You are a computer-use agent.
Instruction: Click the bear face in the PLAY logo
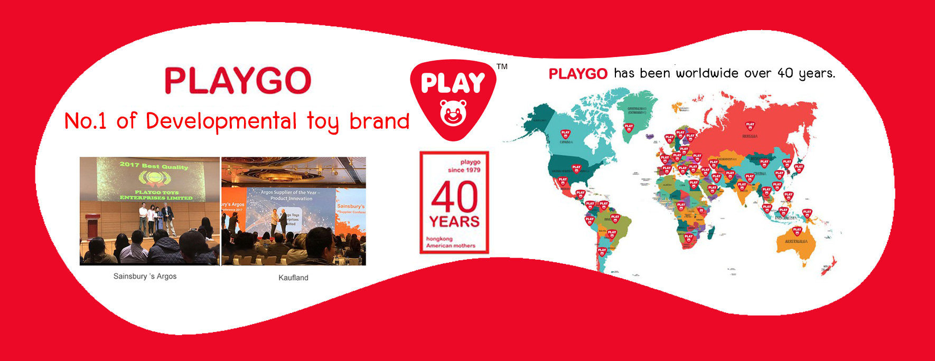(x=453, y=113)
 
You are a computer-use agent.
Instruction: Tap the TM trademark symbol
(x=502, y=66)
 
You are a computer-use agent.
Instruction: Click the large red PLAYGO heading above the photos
(x=238, y=81)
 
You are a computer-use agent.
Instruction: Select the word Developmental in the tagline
(x=221, y=121)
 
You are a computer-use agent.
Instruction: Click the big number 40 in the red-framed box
(x=454, y=197)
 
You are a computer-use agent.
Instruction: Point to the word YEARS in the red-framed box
(x=454, y=222)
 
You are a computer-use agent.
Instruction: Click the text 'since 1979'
(x=464, y=170)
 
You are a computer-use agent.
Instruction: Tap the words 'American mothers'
(x=451, y=245)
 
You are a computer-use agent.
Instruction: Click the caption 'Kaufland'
(x=293, y=278)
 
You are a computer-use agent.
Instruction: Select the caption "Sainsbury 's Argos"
(x=145, y=276)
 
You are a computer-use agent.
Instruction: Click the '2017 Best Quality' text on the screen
(x=154, y=166)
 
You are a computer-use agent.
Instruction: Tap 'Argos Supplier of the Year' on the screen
(x=289, y=193)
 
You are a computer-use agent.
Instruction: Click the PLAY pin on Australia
(x=797, y=231)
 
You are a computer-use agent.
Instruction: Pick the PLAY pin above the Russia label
(x=750, y=126)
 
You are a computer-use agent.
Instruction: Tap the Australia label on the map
(x=796, y=242)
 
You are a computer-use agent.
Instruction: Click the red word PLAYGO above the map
(x=578, y=74)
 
